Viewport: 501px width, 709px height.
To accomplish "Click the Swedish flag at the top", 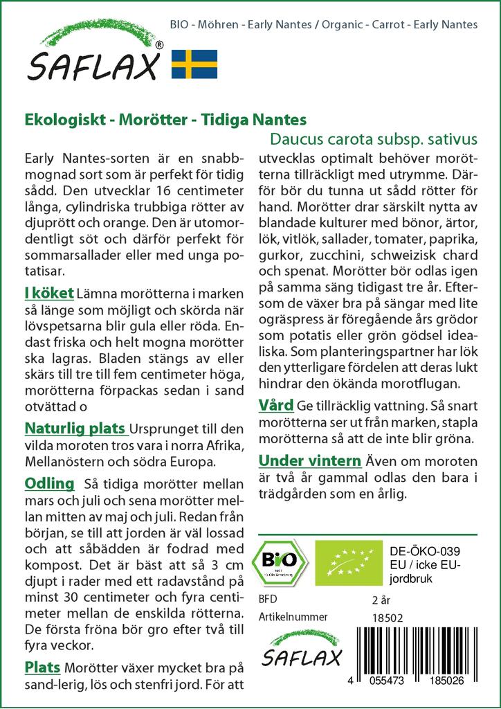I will click(x=194, y=64).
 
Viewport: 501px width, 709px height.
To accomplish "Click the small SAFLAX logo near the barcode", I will click(x=301, y=648).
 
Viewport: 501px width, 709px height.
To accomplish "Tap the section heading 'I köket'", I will click(x=49, y=295).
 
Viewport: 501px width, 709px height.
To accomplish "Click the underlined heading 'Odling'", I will click(x=49, y=483).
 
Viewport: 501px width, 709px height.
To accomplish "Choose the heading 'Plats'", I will click(x=42, y=667).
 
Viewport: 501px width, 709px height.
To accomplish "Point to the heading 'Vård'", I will click(x=276, y=404).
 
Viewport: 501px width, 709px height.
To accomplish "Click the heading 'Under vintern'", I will click(x=310, y=460).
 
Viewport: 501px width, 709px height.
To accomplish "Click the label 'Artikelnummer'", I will click(x=293, y=617).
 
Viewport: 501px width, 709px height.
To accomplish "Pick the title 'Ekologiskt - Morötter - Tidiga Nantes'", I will click(x=165, y=120).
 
